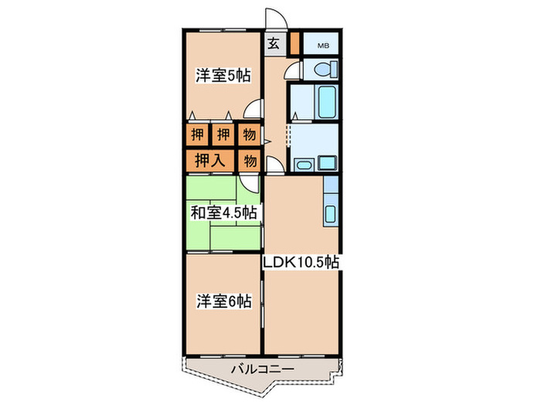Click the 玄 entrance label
pyautogui.click(x=274, y=43)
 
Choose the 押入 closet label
pyautogui.click(x=209, y=161)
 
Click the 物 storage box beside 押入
pyautogui.click(x=250, y=161)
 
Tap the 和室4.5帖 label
pyautogui.click(x=224, y=211)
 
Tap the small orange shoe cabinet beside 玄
pyautogui.click(x=294, y=43)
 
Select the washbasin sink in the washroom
pyautogui.click(x=302, y=164)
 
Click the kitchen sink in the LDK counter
pyautogui.click(x=331, y=213)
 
